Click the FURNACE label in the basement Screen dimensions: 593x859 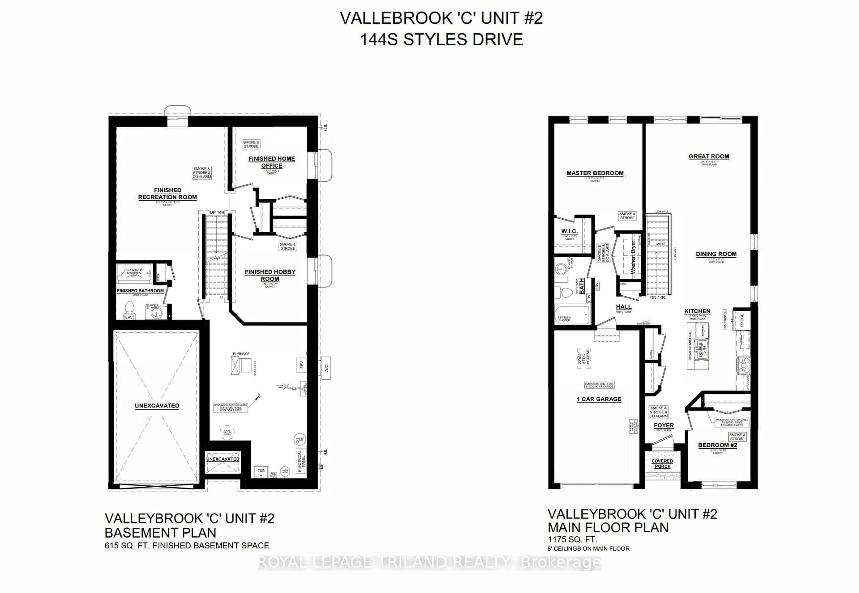point(241,354)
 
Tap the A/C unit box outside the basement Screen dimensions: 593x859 point(326,368)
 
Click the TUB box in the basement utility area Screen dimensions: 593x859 point(261,471)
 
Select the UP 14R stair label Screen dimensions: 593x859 point(217,212)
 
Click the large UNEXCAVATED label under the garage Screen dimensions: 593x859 point(157,406)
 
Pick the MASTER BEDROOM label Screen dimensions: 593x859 point(595,173)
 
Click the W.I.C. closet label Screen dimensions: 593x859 point(569,231)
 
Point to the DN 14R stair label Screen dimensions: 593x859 point(657,298)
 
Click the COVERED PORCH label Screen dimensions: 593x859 point(662,464)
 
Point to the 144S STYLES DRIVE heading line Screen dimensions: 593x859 point(441,39)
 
